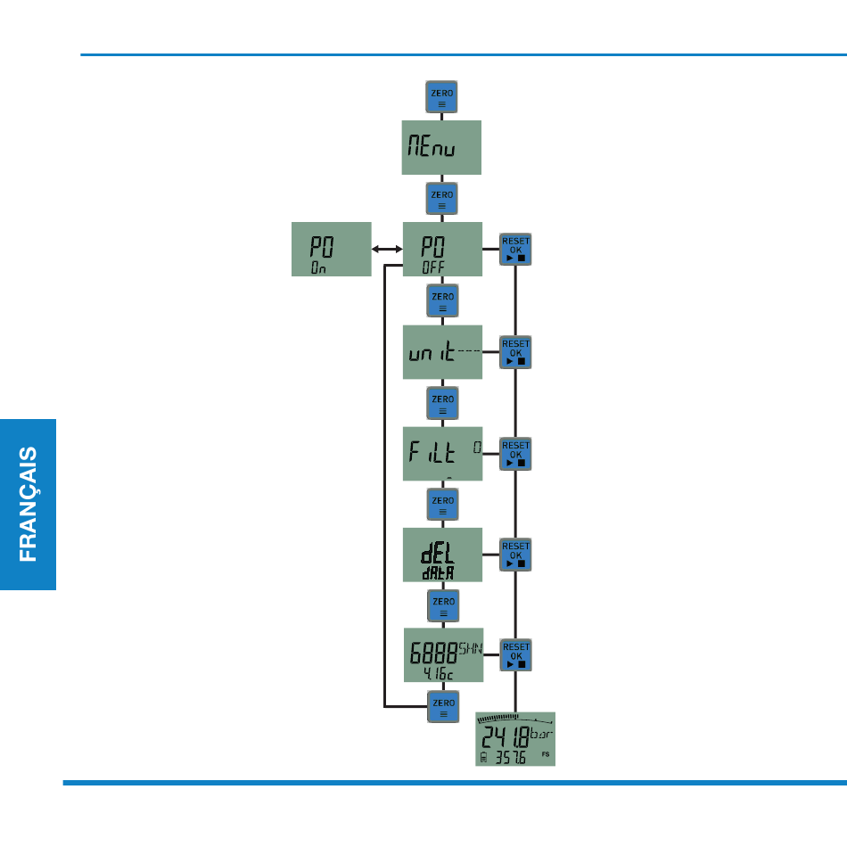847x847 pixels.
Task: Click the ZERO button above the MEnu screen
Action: (x=442, y=97)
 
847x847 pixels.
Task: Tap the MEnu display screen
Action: (x=442, y=148)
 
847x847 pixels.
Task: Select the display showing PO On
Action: (x=331, y=249)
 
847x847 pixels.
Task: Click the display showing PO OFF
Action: (x=442, y=249)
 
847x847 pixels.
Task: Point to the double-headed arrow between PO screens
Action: (x=387, y=250)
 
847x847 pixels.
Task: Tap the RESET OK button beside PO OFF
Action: (x=515, y=250)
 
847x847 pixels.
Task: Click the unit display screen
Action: (x=442, y=351)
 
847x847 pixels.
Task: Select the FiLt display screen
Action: (x=442, y=453)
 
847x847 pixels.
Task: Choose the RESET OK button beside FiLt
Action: (x=515, y=454)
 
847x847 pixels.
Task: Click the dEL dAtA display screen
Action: (x=442, y=555)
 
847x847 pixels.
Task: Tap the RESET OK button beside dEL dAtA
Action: (x=515, y=555)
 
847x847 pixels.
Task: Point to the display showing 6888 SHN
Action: (x=442, y=655)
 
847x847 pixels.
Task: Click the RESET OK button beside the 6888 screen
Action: (x=515, y=655)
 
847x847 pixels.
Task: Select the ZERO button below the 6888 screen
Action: (x=442, y=706)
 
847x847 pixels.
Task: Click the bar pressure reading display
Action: (x=515, y=739)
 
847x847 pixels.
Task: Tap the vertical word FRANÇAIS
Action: (x=29, y=504)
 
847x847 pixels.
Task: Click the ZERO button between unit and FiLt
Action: (x=442, y=403)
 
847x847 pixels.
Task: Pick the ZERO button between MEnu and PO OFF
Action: (x=442, y=199)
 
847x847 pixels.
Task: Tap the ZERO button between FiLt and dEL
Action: (x=442, y=505)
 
